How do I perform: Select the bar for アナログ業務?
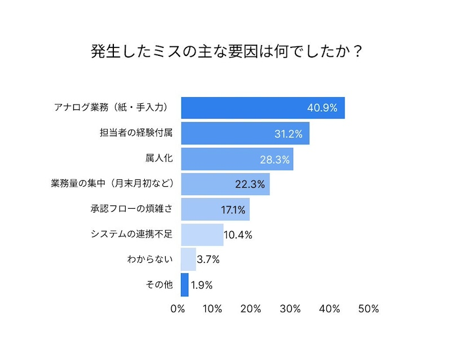pos(263,108)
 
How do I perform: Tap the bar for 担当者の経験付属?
pos(245,134)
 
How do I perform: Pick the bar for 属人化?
pos(237,159)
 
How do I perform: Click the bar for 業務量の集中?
pos(225,184)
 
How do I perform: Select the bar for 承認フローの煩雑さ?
pos(215,209)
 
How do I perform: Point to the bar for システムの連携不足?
pos(202,235)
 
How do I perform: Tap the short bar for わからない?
pos(188,260)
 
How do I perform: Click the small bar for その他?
pos(184,285)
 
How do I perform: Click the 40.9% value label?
pos(322,108)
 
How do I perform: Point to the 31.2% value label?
pos(288,134)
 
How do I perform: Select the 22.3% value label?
pos(249,184)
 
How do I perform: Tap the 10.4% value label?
pos(238,235)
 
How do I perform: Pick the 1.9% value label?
pos(201,285)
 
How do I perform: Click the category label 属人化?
pos(159,159)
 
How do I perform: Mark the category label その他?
pos(160,285)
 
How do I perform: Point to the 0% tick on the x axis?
pos(178,309)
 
